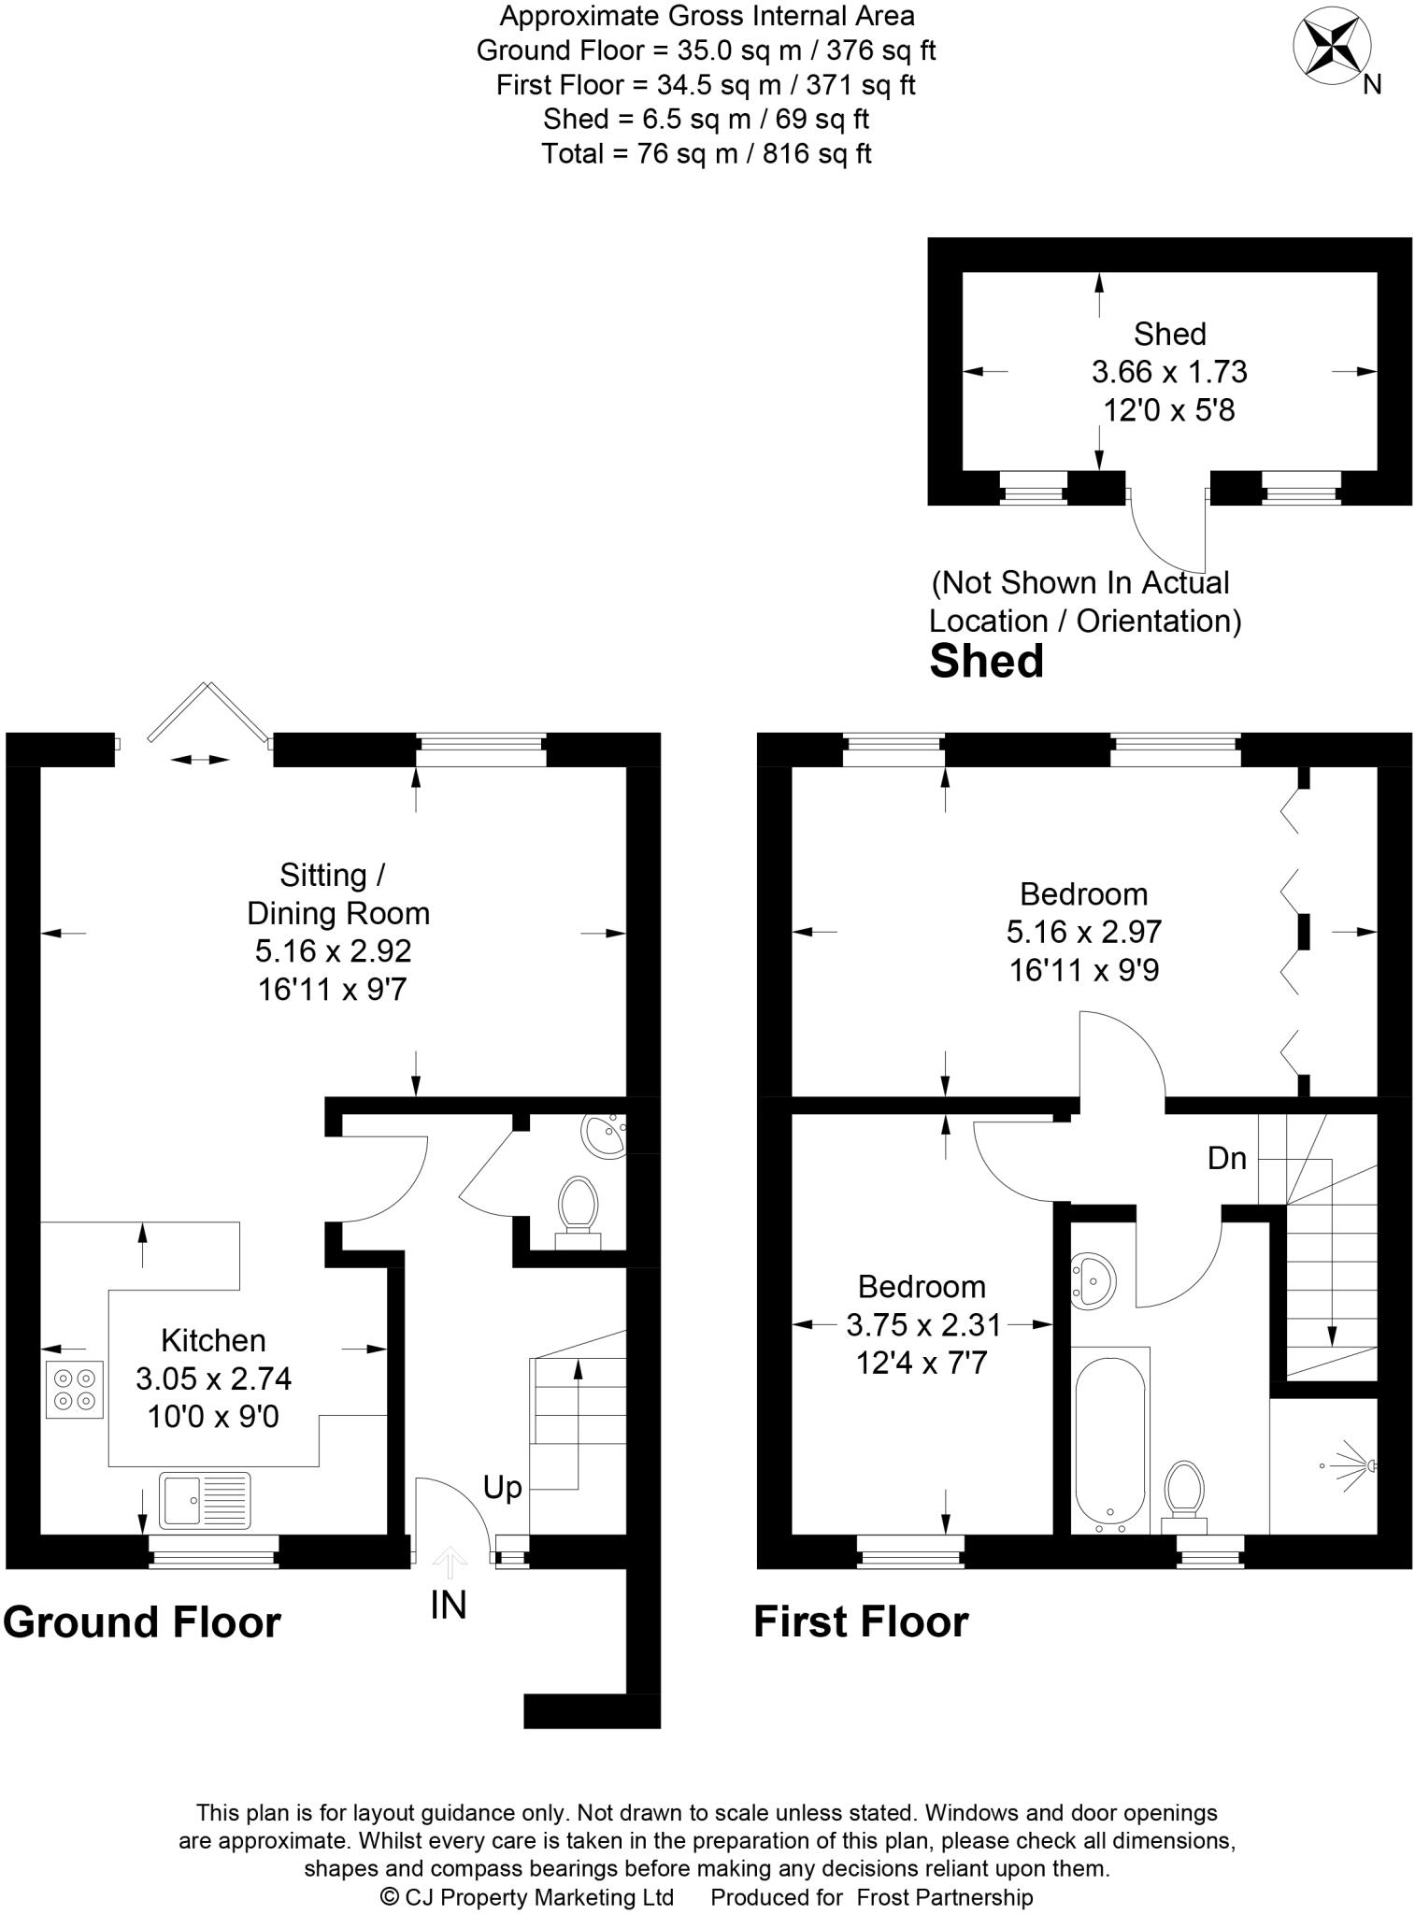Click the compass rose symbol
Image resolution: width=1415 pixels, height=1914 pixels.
coord(1331,46)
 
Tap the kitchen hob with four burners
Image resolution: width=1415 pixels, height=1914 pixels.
coord(74,1389)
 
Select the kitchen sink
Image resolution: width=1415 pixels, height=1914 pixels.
coord(205,1499)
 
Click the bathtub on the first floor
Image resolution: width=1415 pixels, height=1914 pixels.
coord(1109,1438)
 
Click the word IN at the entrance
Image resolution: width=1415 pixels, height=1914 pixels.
coord(449,1605)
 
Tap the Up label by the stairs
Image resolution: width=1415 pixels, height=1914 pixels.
coord(502,1487)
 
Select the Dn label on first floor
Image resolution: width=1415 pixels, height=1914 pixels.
coord(1226,1159)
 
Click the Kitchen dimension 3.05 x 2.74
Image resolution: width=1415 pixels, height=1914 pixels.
coord(214,1378)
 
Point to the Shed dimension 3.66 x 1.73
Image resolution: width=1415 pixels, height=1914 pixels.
coord(1169,372)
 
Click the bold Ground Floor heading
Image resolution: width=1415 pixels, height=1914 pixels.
coord(142,1621)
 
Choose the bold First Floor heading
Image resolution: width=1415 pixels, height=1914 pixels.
coord(861,1621)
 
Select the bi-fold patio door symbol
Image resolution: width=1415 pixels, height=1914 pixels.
coord(207,715)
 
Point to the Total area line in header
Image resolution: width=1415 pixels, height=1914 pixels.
coord(707,153)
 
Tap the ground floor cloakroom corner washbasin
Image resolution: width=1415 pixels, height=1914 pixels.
coord(603,1135)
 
